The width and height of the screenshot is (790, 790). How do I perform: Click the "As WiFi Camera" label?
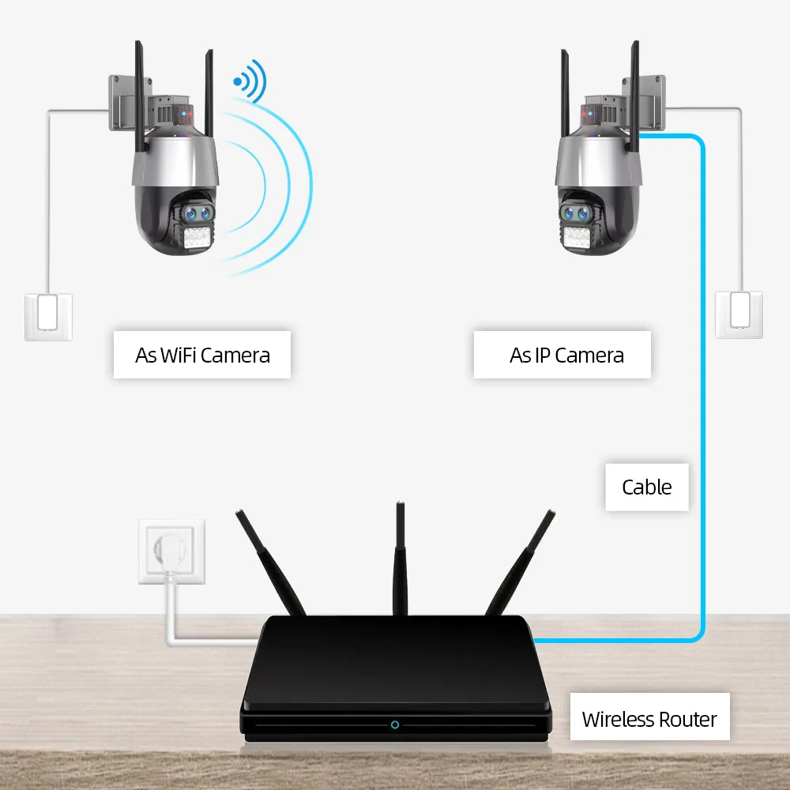click(x=202, y=355)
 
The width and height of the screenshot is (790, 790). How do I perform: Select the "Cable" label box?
click(x=646, y=487)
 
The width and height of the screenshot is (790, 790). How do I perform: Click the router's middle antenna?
click(x=400, y=557)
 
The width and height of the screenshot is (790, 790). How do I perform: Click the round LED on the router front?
click(x=394, y=724)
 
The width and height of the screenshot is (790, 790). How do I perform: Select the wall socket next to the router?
click(x=171, y=551)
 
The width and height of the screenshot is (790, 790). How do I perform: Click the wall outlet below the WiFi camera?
click(x=48, y=316)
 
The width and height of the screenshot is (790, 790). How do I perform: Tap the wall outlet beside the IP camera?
click(x=740, y=314)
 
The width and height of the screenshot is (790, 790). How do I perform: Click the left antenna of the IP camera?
click(x=565, y=91)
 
